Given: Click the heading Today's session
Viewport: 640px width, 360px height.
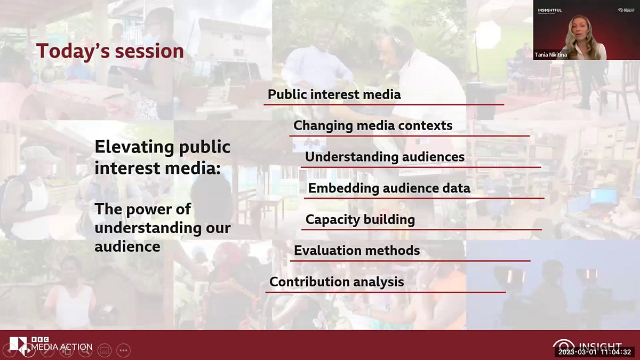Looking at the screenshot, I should click(x=110, y=51).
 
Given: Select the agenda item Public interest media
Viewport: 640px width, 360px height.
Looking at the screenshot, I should click(x=334, y=94).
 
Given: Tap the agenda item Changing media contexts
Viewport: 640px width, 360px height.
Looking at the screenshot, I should click(x=373, y=125).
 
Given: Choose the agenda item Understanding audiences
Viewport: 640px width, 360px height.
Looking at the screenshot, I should click(x=385, y=157).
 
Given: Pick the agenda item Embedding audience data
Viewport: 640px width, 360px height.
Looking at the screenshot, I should click(x=389, y=188).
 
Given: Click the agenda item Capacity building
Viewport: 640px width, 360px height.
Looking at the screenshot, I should click(x=360, y=219).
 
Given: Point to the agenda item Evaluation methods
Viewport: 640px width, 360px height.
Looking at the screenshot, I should click(x=357, y=250).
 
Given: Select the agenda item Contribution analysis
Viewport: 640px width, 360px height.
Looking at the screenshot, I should click(x=337, y=282).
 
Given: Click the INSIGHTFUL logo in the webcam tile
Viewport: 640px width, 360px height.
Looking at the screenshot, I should click(x=549, y=10).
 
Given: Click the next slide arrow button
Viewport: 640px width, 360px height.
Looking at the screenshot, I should click(x=28, y=351).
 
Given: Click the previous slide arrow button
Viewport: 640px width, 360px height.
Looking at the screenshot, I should click(x=9, y=351).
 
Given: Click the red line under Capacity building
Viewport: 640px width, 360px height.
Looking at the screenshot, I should click(x=421, y=229).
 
